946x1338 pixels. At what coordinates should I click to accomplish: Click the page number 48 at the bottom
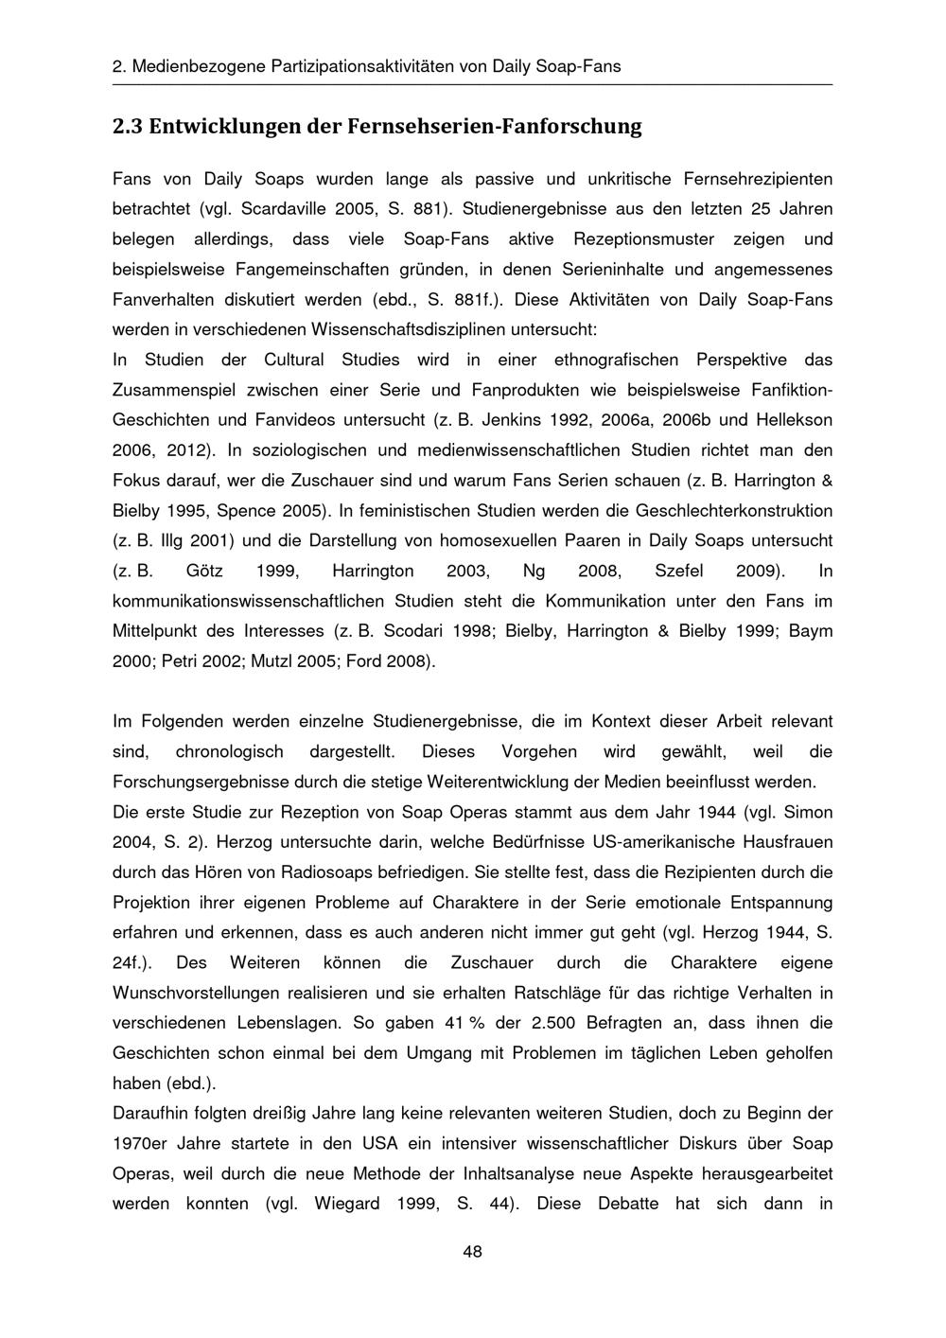[472, 1252]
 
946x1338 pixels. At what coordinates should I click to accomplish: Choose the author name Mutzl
[272, 660]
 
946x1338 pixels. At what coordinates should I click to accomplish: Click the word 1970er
[140, 1143]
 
